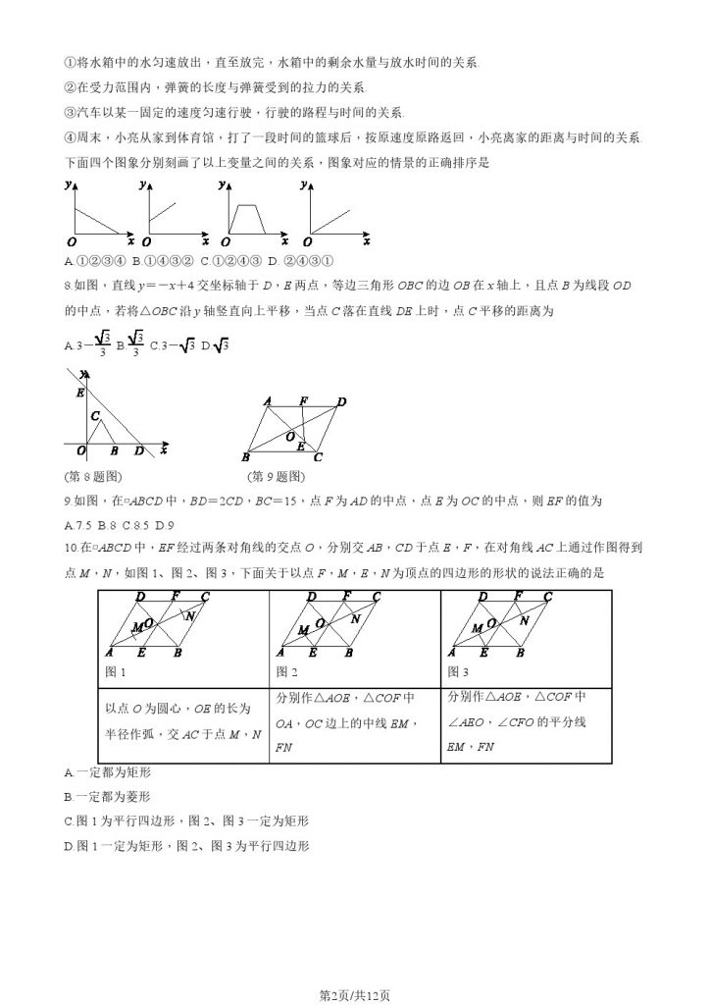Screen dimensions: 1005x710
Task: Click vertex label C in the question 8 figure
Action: tap(96, 415)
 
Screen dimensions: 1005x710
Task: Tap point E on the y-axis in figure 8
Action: tap(79, 392)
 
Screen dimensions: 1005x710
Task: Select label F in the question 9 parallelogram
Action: tap(303, 400)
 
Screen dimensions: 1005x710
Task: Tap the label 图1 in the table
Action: tap(116, 672)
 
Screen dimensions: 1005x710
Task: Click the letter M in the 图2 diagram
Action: tap(303, 628)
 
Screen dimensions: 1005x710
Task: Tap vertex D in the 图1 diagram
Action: tap(141, 596)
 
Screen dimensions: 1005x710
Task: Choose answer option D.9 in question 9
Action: tap(165, 523)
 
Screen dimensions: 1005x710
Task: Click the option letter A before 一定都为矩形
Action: tap(68, 772)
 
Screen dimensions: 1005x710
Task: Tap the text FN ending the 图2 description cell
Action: tap(285, 747)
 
